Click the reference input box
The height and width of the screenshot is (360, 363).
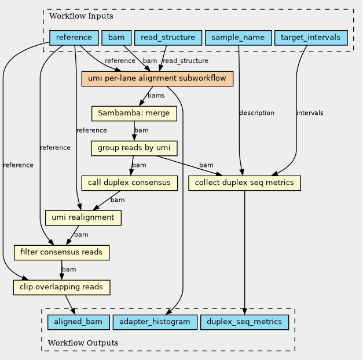pos(74,38)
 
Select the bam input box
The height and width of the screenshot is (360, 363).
pos(116,38)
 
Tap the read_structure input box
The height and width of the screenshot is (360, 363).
pos(168,38)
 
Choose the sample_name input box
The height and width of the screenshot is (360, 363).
pos(238,38)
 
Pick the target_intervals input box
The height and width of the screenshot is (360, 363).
pos(311,38)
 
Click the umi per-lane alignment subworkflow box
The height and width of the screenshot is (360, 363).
pos(157,79)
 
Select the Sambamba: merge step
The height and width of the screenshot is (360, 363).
pos(134,114)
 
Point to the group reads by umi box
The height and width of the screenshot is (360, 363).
pos(134,148)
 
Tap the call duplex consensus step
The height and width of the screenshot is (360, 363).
pos(130,183)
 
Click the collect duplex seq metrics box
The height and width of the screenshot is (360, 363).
pos(244,183)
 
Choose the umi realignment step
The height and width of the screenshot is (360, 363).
pos(83,217)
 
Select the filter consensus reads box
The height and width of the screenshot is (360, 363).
pos(61,252)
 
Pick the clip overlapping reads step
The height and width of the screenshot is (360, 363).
pos(61,287)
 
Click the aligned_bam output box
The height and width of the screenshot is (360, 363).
pos(79,322)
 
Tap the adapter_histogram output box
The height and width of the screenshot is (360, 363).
pos(155,322)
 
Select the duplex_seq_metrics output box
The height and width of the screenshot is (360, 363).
pos(244,322)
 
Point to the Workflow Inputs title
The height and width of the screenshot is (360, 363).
pos(81,16)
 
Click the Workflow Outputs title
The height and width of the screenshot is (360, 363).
pos(83,343)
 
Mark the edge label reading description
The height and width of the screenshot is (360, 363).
pos(256,113)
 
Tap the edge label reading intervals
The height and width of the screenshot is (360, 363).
pos(310,113)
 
